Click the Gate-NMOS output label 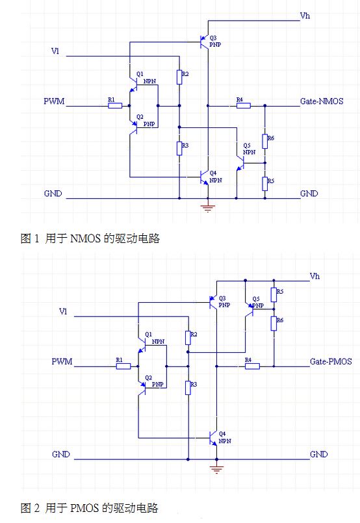point(322,101)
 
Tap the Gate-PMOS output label point(331,362)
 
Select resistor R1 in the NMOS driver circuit point(115,106)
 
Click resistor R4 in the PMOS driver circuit point(252,366)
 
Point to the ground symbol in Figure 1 point(207,208)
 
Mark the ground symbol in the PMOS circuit point(216,469)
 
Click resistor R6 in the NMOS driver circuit point(264,142)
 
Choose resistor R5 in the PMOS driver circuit point(274,295)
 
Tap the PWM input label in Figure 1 point(54,101)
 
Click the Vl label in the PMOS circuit point(63,312)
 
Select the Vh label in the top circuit point(305,16)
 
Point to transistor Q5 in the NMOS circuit point(240,163)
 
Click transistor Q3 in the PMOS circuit point(213,303)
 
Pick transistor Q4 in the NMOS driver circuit point(204,177)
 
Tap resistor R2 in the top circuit point(179,77)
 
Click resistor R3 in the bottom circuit point(188,388)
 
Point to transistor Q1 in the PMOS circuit point(142,346)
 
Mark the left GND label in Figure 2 point(61,454)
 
